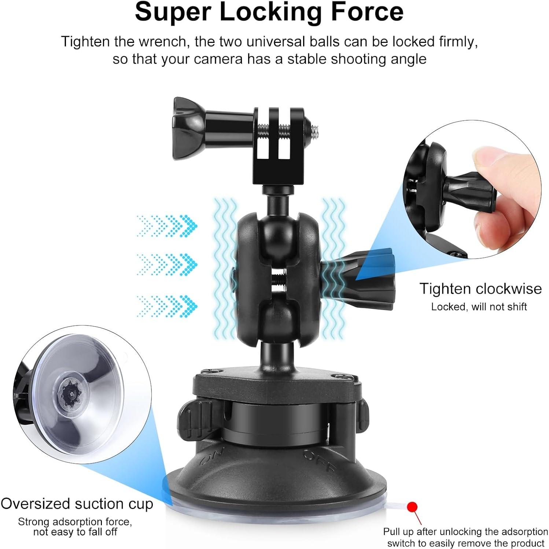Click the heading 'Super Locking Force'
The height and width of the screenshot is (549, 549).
269,12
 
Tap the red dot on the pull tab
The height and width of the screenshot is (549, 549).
412,507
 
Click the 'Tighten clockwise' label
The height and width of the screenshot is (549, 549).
480,288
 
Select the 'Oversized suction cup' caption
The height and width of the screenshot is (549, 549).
77,504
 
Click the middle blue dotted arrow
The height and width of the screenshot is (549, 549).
167,264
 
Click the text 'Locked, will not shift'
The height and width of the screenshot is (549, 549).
479,307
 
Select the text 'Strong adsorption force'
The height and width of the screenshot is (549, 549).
75,521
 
